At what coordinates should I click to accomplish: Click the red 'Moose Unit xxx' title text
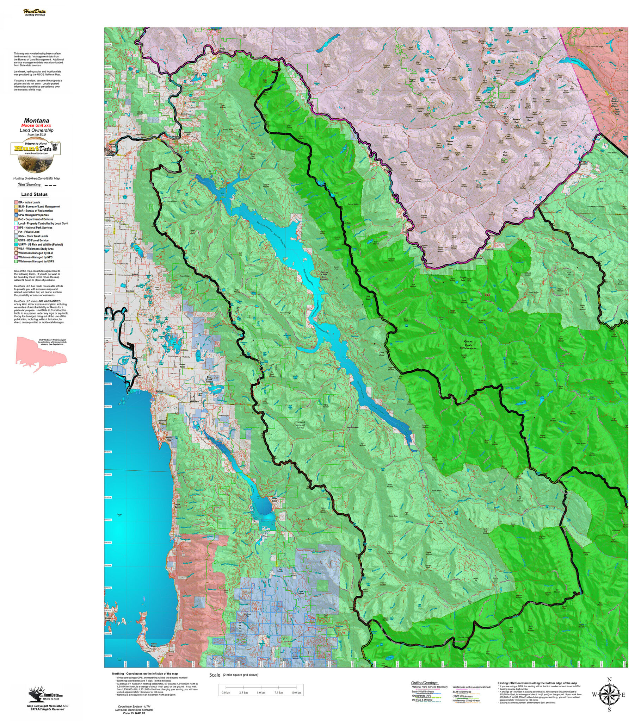[36, 125]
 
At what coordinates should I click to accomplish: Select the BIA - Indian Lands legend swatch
[16, 202]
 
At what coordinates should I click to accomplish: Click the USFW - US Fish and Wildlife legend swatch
[16, 244]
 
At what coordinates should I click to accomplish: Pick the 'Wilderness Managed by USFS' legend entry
[36, 261]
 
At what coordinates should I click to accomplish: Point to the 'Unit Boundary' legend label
[29, 184]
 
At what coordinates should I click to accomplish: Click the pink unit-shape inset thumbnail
[41, 351]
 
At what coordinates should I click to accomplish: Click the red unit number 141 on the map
[487, 295]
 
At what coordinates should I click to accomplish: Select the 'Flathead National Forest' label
[300, 425]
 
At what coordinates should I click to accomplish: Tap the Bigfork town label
[160, 391]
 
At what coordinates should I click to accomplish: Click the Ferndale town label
[194, 401]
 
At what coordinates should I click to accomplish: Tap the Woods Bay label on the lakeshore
[169, 439]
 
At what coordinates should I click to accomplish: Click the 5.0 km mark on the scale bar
[261, 692]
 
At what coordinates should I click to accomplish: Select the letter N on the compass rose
[609, 679]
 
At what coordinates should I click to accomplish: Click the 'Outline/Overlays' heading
[424, 683]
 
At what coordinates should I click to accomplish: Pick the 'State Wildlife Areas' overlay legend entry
[423, 691]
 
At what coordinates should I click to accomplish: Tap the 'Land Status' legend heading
[34, 194]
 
